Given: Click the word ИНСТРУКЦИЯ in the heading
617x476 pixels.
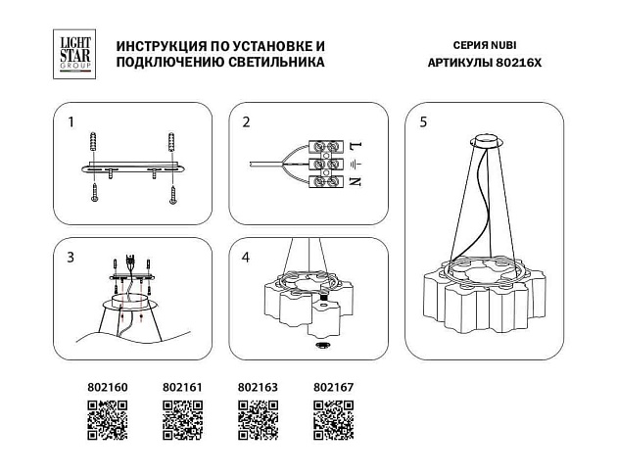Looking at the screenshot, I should (161, 46).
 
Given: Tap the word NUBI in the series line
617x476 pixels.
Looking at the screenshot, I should (492, 46).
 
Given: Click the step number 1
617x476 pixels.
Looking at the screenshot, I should (71, 123).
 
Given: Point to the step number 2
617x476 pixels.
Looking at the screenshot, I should (247, 123).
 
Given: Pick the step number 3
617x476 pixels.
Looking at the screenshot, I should (71, 259).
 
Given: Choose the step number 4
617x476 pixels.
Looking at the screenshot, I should (247, 259).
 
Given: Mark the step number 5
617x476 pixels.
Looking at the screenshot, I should (423, 123).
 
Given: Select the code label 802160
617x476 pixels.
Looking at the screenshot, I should (101, 388).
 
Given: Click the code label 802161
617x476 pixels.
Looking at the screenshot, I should (181, 388).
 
